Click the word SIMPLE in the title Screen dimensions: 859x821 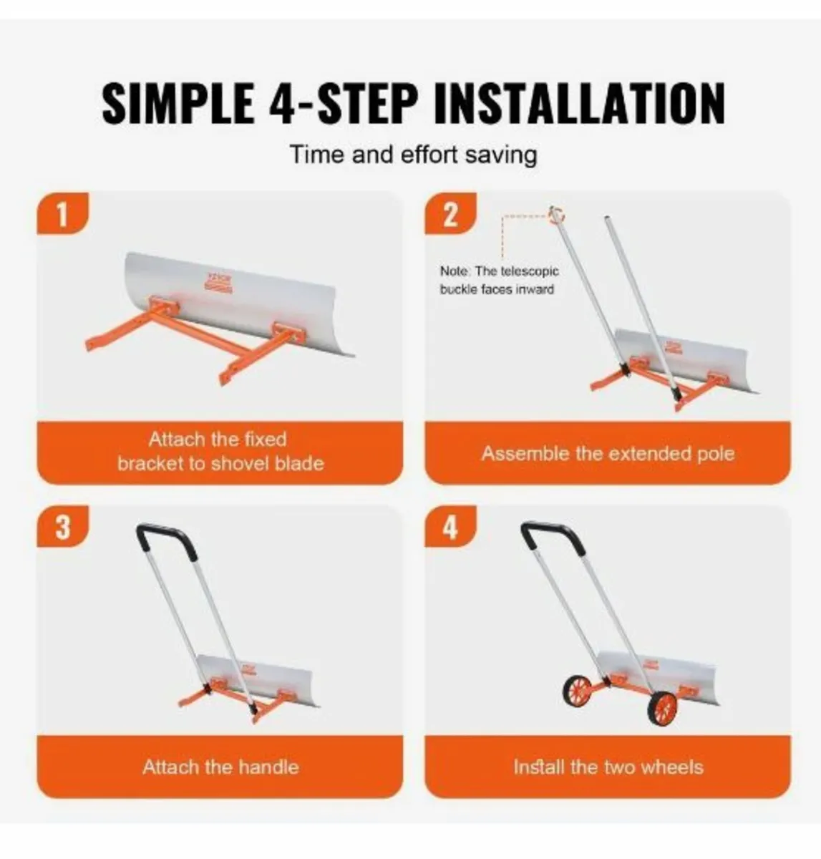click(178, 104)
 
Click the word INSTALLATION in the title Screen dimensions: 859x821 click(580, 104)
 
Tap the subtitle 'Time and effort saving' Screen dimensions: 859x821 click(413, 155)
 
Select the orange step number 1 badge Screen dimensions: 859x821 click(62, 214)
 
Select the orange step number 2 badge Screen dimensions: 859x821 click(450, 214)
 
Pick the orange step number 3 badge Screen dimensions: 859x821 click(62, 528)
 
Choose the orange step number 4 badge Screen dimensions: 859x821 click(450, 528)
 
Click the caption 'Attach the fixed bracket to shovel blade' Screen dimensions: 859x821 click(220, 451)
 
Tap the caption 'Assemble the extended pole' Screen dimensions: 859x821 click(608, 454)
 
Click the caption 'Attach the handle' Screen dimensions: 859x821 click(220, 767)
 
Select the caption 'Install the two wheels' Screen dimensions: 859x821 click(608, 767)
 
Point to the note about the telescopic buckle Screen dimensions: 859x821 click(499, 281)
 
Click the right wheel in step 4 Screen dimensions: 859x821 click(663, 708)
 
